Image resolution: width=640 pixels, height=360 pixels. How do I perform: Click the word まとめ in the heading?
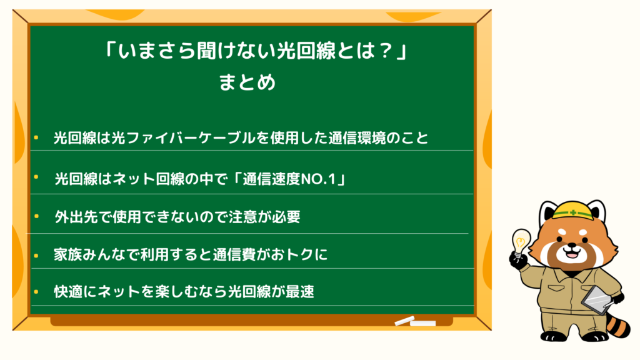(247, 82)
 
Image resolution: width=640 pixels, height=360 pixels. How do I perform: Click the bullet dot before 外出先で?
(37, 216)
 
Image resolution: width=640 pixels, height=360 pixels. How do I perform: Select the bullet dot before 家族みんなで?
(36, 256)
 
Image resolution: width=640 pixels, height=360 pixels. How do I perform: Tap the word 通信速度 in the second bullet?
(272, 179)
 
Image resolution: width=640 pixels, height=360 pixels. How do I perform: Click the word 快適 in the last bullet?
(68, 292)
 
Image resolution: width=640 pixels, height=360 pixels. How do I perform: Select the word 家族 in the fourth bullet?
(68, 255)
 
